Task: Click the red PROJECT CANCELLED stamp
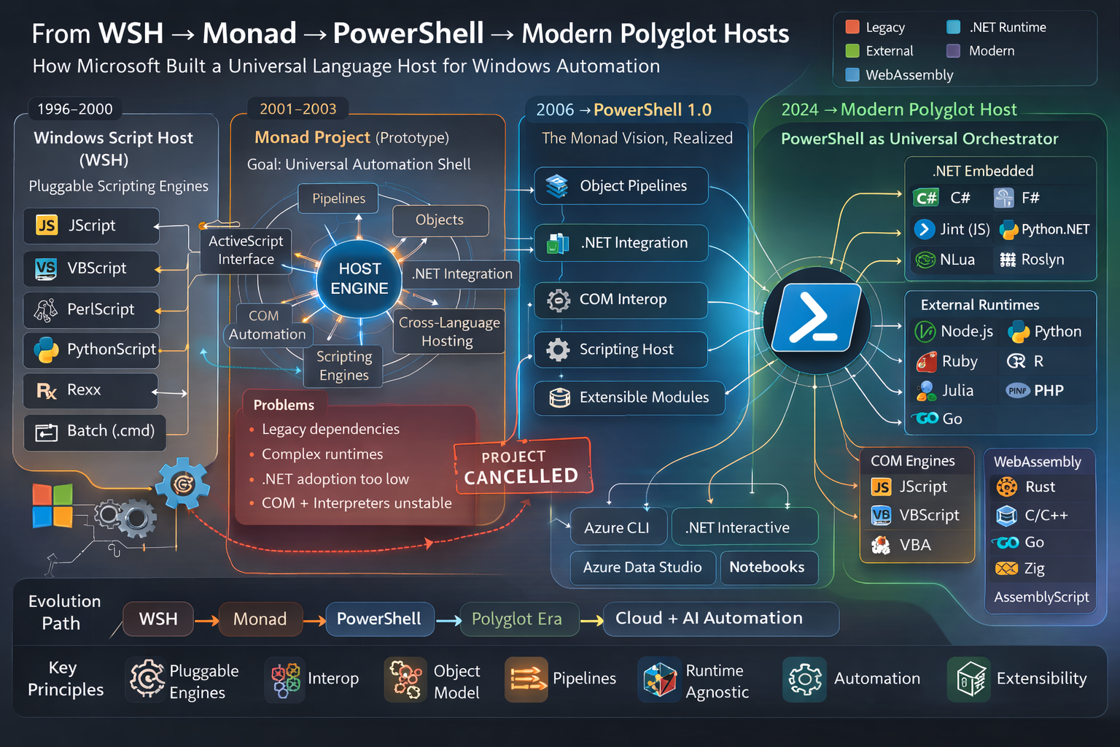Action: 522,468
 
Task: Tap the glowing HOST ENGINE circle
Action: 359,279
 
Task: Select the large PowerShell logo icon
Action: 817,318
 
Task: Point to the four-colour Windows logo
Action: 52,505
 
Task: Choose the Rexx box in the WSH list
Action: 90,390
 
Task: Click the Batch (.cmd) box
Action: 95,431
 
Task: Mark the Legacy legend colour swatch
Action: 852,27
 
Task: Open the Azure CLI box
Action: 617,527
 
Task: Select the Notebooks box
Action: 767,568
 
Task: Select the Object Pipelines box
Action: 621,186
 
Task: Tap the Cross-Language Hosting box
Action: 448,332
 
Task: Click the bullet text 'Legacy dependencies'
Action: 330,429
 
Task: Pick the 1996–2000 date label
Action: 75,109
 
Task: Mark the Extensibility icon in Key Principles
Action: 971,678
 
